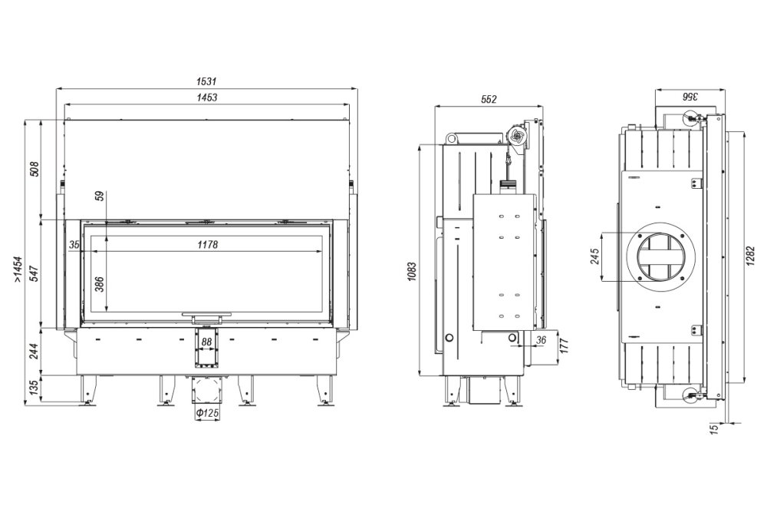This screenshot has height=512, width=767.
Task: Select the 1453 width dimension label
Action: pos(207,97)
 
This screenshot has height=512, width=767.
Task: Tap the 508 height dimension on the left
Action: pos(34,169)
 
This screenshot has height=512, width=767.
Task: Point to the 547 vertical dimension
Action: pos(34,273)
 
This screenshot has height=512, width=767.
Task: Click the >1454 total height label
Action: pos(18,269)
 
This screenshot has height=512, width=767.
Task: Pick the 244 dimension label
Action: pos(34,351)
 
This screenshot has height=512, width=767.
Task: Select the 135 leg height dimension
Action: pos(34,388)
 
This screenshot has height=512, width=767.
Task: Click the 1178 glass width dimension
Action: pos(207,245)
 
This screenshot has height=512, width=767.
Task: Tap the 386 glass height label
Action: pos(99,284)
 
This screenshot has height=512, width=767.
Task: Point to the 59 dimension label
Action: pos(99,196)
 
